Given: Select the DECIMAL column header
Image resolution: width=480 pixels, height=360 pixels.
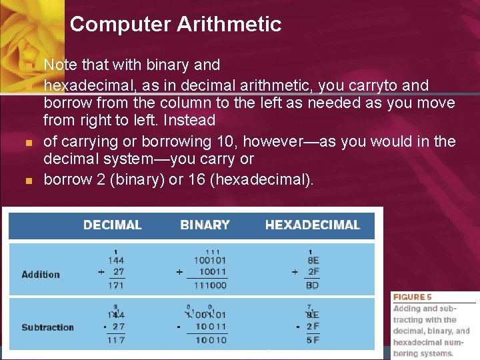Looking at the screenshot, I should click(112, 225).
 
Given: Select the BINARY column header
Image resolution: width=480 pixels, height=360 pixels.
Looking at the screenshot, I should click(205, 225).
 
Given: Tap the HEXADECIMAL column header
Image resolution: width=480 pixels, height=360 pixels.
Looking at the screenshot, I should click(312, 225).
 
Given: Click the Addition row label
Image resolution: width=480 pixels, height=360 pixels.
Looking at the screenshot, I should click(41, 274).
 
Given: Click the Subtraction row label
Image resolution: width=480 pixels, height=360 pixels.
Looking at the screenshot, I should click(47, 327).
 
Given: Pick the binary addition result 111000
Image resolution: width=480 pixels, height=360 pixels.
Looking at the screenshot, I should click(210, 285).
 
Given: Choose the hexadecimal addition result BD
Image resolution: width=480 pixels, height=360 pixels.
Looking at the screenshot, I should click(312, 285).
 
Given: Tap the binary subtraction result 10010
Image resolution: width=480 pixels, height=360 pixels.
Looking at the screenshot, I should click(211, 339).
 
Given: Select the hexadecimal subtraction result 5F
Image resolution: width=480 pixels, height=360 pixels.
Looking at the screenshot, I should click(312, 339).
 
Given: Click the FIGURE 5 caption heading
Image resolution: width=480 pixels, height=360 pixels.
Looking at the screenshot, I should click(412, 297).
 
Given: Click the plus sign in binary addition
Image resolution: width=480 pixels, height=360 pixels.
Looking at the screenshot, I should click(179, 272).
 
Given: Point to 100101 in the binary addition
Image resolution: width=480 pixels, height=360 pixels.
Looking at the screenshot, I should click(210, 260).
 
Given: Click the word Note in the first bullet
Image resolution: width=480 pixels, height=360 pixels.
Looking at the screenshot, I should click(60, 65).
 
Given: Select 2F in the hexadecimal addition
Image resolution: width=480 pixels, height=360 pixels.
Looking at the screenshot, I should click(313, 272).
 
